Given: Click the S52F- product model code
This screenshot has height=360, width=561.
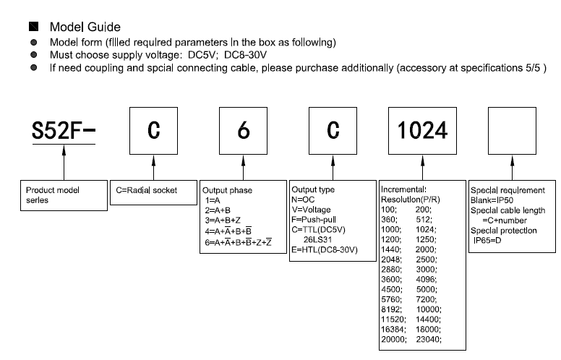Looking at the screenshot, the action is pyautogui.click(x=64, y=130).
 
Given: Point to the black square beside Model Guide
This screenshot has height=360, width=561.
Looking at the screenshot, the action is pyautogui.click(x=34, y=27).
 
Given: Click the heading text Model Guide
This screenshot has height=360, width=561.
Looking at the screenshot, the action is pyautogui.click(x=85, y=27).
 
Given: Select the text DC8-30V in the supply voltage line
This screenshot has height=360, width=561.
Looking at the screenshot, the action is pyautogui.click(x=246, y=55).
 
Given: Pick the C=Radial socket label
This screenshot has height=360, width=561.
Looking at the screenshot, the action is pyautogui.click(x=146, y=190).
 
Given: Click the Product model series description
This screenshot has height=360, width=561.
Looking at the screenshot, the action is pyautogui.click(x=53, y=195).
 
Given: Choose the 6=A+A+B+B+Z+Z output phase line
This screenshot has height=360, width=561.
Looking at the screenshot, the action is pyautogui.click(x=239, y=242).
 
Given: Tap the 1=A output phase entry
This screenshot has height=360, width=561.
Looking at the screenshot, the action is pyautogui.click(x=213, y=200).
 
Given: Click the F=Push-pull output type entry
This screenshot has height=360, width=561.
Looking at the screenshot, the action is pyautogui.click(x=314, y=219).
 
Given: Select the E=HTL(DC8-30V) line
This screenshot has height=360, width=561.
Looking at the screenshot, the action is pyautogui.click(x=325, y=249).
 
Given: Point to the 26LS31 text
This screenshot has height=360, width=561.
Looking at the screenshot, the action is pyautogui.click(x=317, y=239).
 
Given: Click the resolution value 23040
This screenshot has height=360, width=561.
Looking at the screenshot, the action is pyautogui.click(x=428, y=339).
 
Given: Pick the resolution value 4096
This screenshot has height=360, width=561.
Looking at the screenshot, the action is pyautogui.click(x=426, y=279).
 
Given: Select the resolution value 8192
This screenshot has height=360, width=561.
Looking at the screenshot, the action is pyautogui.click(x=391, y=309).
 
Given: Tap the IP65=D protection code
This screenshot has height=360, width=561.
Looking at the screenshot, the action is pyautogui.click(x=487, y=240).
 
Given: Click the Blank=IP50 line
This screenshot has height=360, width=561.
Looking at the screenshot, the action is pyautogui.click(x=492, y=200).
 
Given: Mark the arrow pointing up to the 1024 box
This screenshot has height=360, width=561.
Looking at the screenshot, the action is pyautogui.click(x=422, y=168).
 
